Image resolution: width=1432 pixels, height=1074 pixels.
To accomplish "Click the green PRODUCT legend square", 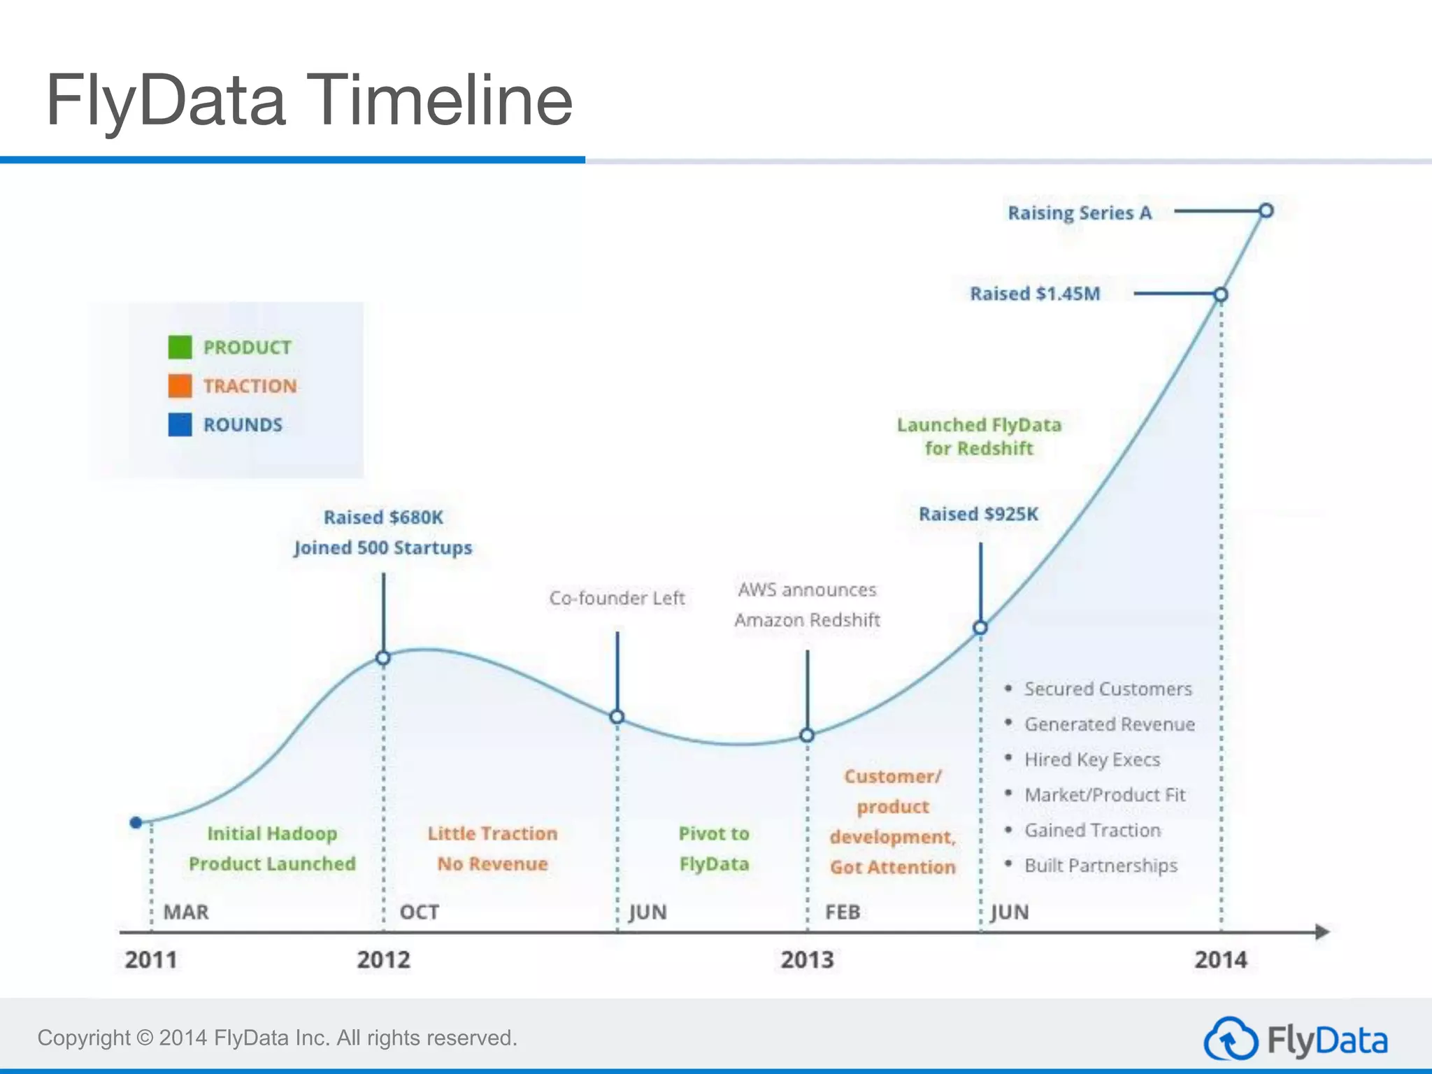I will click(180, 347).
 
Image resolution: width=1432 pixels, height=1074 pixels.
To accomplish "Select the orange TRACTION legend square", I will click(180, 386).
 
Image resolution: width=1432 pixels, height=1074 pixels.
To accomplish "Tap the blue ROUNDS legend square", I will click(180, 424).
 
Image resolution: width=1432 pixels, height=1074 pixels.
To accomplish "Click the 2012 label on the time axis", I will click(383, 959).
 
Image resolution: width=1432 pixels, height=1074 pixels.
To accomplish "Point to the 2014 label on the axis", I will click(1220, 959).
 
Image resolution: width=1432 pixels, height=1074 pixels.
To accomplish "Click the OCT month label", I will click(419, 912).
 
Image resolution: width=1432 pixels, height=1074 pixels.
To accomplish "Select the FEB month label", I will click(842, 912).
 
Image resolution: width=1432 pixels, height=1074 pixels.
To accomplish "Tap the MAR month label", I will click(186, 912).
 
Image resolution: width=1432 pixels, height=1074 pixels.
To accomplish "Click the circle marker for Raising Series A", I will click(1266, 210).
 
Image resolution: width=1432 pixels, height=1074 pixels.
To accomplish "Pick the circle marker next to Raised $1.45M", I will click(1220, 294).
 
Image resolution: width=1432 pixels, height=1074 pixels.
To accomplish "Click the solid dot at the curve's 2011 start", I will click(136, 822).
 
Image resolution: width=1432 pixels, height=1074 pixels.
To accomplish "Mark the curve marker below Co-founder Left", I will click(617, 717).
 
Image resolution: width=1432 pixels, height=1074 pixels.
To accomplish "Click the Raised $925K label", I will click(978, 514).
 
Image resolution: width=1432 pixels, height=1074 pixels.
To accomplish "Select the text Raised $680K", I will click(383, 517).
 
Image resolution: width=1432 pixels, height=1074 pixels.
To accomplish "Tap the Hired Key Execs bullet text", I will click(1092, 759).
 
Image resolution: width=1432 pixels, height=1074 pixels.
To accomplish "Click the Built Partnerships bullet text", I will click(1101, 866).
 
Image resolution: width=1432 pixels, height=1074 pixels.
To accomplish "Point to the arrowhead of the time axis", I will click(1322, 931).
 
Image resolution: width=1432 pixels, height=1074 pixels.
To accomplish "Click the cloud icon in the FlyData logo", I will click(1230, 1040).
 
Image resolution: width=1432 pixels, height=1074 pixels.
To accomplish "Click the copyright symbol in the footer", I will click(145, 1038).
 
